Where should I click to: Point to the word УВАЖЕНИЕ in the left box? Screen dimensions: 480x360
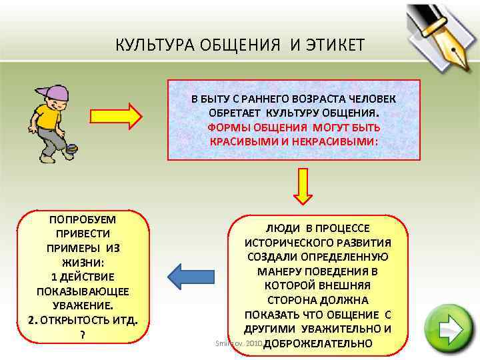point(83,305)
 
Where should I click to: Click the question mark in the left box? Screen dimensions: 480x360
point(82,335)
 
